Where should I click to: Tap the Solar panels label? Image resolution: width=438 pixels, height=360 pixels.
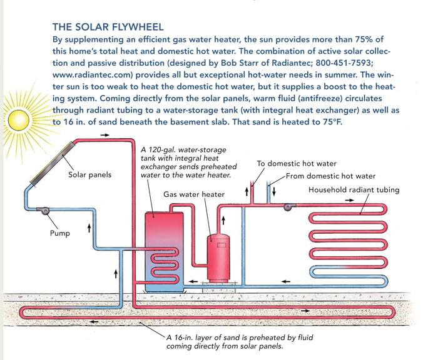point(89,175)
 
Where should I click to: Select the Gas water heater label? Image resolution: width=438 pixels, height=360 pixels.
point(193,194)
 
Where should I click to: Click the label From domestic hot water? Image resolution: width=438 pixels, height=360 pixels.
point(330,176)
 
